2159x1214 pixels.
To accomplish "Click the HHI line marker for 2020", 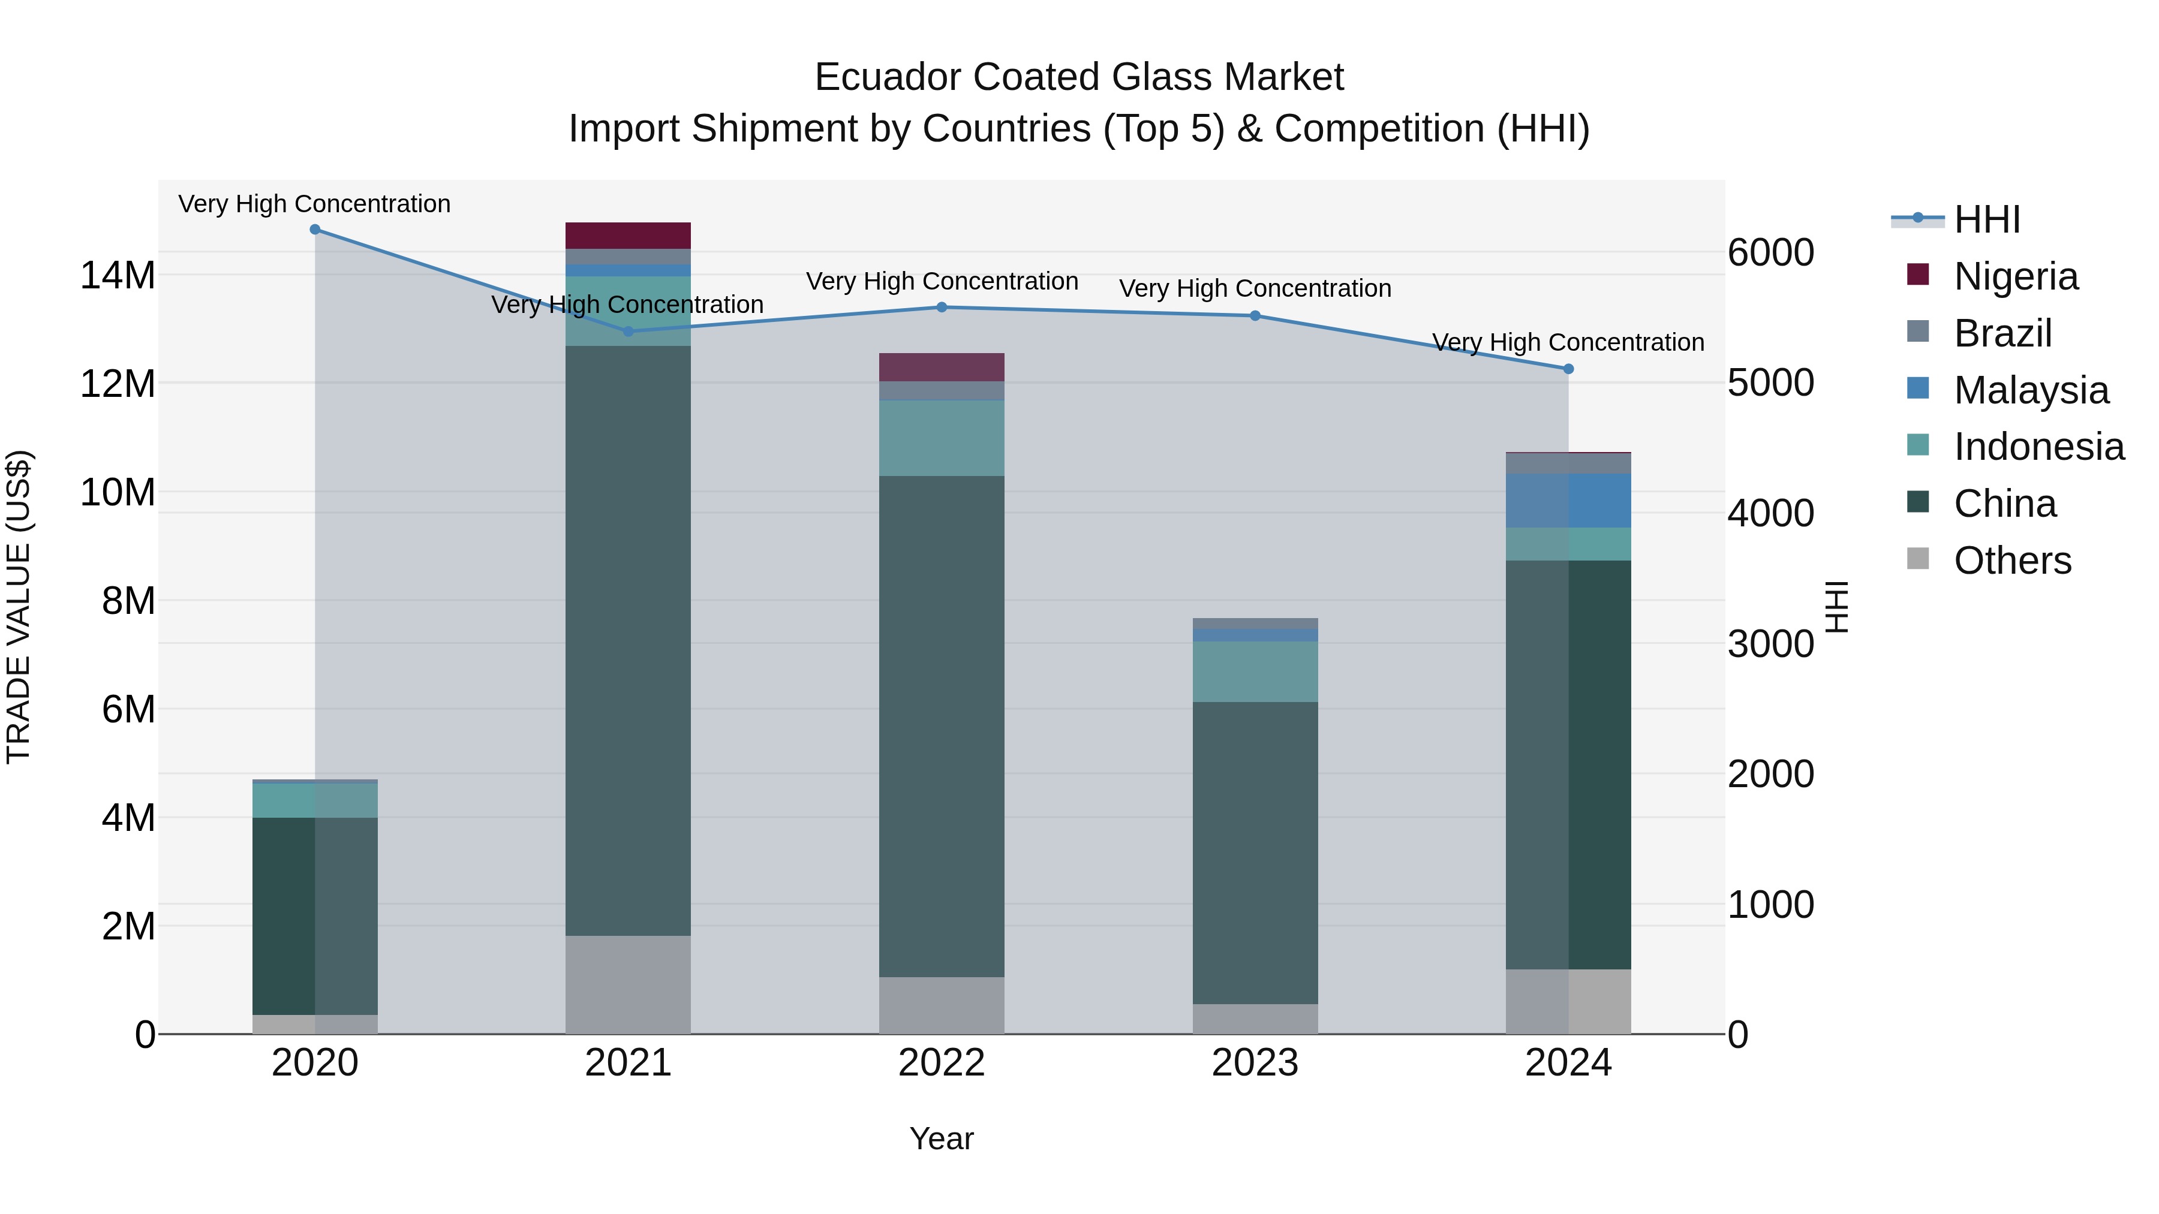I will point(315,230).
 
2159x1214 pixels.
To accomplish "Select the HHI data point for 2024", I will point(1568,369).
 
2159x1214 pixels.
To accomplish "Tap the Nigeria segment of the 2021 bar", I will point(628,236).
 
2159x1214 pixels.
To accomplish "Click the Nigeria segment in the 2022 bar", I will point(941,367).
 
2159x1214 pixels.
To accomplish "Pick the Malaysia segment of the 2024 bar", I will point(1568,500).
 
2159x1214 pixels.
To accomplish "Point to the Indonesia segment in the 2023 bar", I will point(1255,671).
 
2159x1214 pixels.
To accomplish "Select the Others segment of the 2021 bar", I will point(628,984).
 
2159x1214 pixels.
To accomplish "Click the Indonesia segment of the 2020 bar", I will point(315,800).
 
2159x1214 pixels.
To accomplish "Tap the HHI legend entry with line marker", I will point(1956,219).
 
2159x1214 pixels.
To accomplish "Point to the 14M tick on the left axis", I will point(118,276).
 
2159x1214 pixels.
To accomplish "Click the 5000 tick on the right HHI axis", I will point(1771,383).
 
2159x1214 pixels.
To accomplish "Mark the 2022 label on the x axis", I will point(941,1063).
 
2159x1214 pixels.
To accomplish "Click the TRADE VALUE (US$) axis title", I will point(19,607).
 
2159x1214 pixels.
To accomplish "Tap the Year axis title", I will point(941,1138).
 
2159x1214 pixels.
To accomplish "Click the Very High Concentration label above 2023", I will point(1255,288).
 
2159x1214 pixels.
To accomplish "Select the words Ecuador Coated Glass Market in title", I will point(1079,77).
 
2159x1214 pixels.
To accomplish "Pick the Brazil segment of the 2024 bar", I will point(1568,463).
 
